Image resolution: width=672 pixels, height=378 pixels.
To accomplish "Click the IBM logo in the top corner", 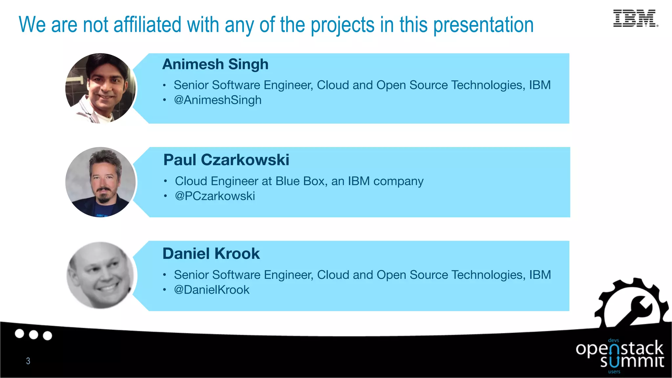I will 635,18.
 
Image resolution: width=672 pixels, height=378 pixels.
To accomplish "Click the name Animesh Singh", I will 215,64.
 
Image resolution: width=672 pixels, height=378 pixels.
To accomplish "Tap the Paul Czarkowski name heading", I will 226,160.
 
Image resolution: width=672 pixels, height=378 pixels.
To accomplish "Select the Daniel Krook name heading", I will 211,254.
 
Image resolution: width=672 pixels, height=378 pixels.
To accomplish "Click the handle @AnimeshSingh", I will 218,100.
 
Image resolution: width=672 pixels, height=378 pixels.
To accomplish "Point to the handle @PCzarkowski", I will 215,196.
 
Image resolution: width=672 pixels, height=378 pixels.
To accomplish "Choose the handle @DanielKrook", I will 212,290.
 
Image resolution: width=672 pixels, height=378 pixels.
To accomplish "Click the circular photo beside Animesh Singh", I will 100,89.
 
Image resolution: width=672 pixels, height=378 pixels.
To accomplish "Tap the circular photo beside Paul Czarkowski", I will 100,182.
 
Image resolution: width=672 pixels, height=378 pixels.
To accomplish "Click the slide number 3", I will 28,361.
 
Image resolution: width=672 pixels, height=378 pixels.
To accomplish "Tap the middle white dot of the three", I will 33,335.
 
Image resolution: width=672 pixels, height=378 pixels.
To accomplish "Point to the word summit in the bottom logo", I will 632,362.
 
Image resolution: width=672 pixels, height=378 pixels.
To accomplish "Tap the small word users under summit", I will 614,372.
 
